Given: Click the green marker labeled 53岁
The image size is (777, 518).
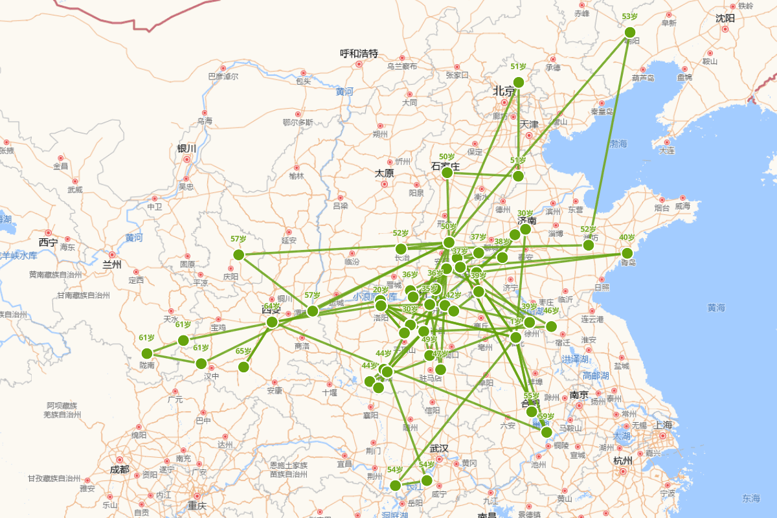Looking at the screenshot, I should pyautogui.click(x=629, y=32).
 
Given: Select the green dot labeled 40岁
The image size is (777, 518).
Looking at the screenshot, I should pyautogui.click(x=627, y=253).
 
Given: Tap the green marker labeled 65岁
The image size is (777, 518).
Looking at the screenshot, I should pyautogui.click(x=243, y=367).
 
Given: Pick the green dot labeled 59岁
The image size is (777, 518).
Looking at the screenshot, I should pyautogui.click(x=546, y=432).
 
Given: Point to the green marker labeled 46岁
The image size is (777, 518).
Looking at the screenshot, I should pyautogui.click(x=551, y=326).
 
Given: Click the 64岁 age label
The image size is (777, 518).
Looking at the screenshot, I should pyautogui.click(x=272, y=306).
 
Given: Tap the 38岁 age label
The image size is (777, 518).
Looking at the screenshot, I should pyautogui.click(x=502, y=242).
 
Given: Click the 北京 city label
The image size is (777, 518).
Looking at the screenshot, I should pyautogui.click(x=504, y=91).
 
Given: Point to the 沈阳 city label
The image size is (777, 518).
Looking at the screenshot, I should pyautogui.click(x=725, y=18).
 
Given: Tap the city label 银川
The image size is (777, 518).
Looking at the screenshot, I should pyautogui.click(x=186, y=149).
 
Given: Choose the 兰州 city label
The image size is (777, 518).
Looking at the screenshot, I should pyautogui.click(x=112, y=264).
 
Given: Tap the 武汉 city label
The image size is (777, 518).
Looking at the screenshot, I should pyautogui.click(x=438, y=449).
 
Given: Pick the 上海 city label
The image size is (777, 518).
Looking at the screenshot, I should pyautogui.click(x=663, y=425).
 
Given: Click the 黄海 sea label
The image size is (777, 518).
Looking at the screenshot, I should pyautogui.click(x=716, y=308).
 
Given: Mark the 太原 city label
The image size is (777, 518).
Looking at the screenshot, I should pyautogui.click(x=384, y=174).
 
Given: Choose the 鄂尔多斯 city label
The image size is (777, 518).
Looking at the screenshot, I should pyautogui.click(x=298, y=122).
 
